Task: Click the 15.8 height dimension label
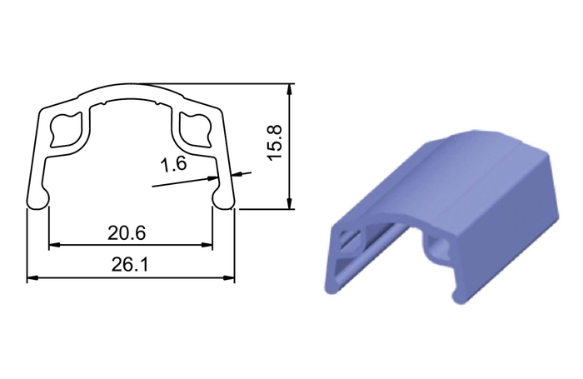point(276,142)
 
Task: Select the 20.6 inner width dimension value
point(127,233)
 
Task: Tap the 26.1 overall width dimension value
point(130,265)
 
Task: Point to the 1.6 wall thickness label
point(173,163)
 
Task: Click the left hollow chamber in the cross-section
point(66,129)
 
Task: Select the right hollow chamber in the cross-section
point(195,128)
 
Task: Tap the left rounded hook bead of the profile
point(38,201)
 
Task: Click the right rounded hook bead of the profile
point(223,201)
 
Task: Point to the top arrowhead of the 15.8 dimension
point(290,89)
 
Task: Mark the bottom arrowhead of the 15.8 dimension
point(290,203)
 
